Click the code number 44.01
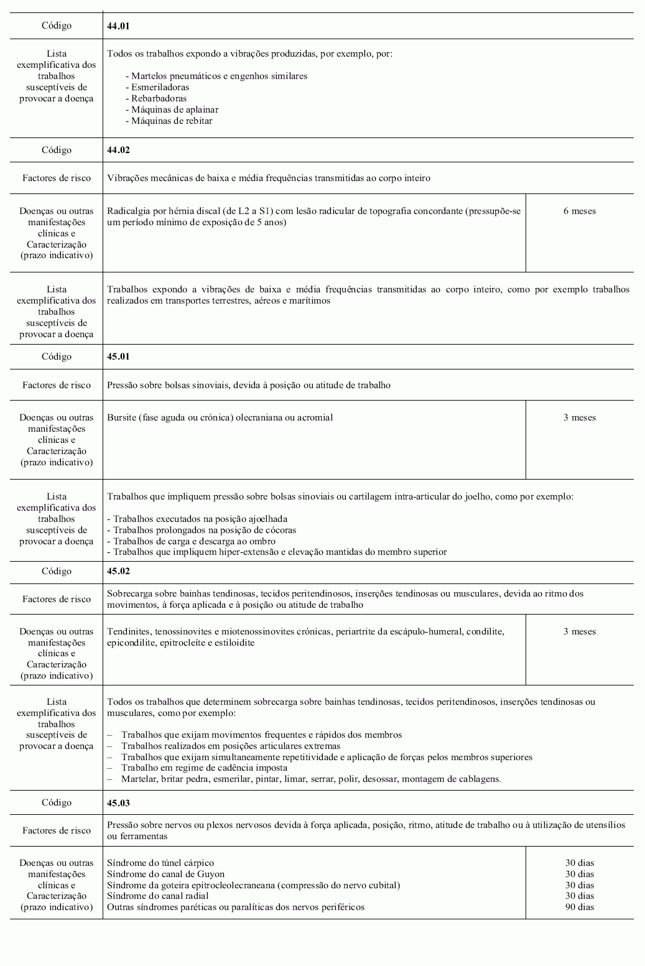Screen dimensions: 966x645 (118, 26)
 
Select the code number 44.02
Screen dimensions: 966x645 (118, 150)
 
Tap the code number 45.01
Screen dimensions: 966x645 (118, 357)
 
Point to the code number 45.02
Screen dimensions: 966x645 (118, 571)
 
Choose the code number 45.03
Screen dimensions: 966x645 (118, 802)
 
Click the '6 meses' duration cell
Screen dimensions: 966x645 (579, 211)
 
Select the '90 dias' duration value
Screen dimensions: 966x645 (579, 907)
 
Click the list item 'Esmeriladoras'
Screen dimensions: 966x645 (160, 87)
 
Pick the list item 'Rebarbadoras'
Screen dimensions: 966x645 (159, 98)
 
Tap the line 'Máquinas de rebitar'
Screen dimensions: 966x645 (172, 121)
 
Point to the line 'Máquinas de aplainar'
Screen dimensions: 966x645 (175, 109)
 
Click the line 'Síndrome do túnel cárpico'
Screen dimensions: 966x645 (160, 863)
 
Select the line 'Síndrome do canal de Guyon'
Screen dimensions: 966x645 (165, 874)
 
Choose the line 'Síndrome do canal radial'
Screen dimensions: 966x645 (158, 896)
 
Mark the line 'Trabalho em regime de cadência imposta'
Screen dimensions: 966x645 (204, 768)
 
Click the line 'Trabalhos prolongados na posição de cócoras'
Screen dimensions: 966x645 (202, 530)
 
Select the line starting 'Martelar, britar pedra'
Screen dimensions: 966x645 (311, 779)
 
